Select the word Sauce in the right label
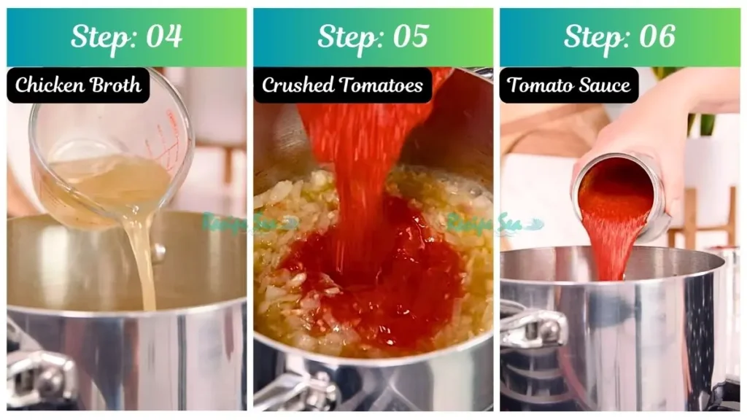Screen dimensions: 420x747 click(x=603, y=85)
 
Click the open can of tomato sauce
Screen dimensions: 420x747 click(x=620, y=197)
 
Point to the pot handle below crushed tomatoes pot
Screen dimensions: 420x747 click(x=292, y=390)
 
